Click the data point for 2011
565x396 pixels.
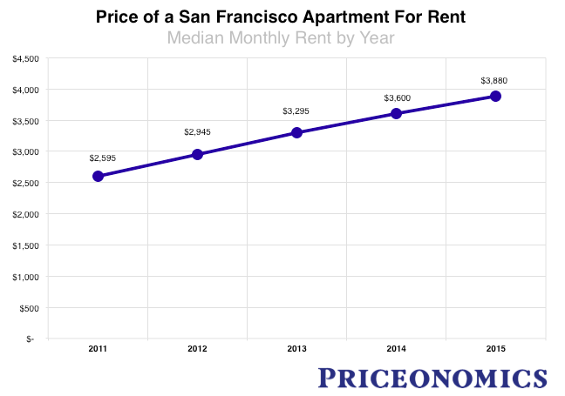click(98, 176)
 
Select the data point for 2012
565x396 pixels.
click(197, 154)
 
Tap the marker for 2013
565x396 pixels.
click(296, 132)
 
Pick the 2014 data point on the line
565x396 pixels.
click(396, 113)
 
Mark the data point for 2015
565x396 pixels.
click(495, 96)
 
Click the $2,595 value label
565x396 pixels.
click(102, 158)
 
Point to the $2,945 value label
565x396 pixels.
click(198, 132)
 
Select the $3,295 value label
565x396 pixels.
click(296, 111)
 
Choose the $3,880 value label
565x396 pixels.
click(494, 81)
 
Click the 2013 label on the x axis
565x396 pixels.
click(296, 349)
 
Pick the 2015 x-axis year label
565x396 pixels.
click(495, 349)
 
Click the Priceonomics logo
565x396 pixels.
click(432, 378)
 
